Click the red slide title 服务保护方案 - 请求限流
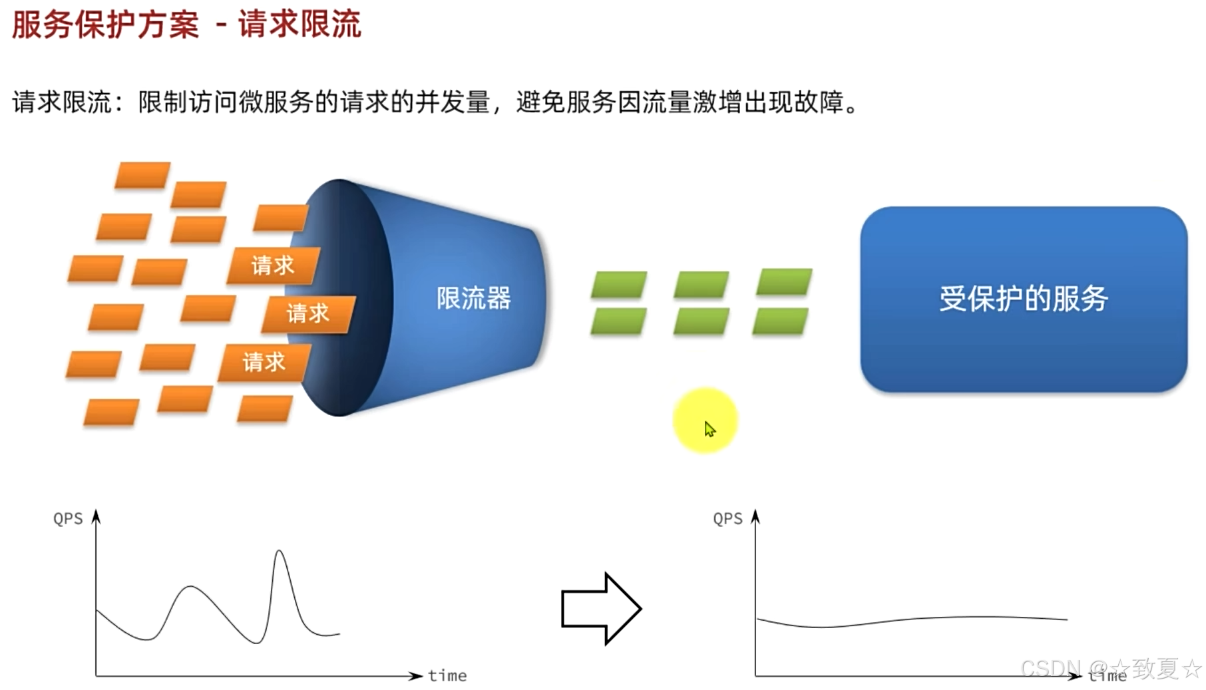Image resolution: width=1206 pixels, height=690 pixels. click(x=186, y=25)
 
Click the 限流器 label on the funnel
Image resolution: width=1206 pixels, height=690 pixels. click(x=473, y=298)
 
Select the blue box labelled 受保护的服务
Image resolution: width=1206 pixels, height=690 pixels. click(x=1023, y=299)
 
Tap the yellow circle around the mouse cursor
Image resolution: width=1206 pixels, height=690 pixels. click(x=705, y=421)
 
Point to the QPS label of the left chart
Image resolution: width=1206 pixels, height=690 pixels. click(x=68, y=519)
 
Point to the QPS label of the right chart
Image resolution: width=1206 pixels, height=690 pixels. click(x=727, y=519)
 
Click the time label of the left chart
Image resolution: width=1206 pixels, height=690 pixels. click(x=447, y=676)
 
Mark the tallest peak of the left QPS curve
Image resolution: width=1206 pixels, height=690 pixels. click(x=280, y=552)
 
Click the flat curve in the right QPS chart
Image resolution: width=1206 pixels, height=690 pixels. click(x=912, y=620)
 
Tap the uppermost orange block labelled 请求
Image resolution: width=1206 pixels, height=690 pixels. click(x=273, y=265)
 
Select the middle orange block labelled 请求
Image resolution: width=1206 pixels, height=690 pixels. click(x=308, y=313)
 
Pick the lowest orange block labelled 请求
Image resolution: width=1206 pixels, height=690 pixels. click(x=264, y=362)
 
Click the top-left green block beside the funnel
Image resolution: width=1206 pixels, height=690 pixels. click(x=619, y=284)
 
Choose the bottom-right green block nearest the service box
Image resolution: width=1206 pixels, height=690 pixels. click(x=781, y=321)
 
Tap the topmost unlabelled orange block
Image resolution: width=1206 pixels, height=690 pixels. click(x=142, y=175)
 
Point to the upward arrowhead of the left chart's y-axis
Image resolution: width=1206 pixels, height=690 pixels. click(x=96, y=516)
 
